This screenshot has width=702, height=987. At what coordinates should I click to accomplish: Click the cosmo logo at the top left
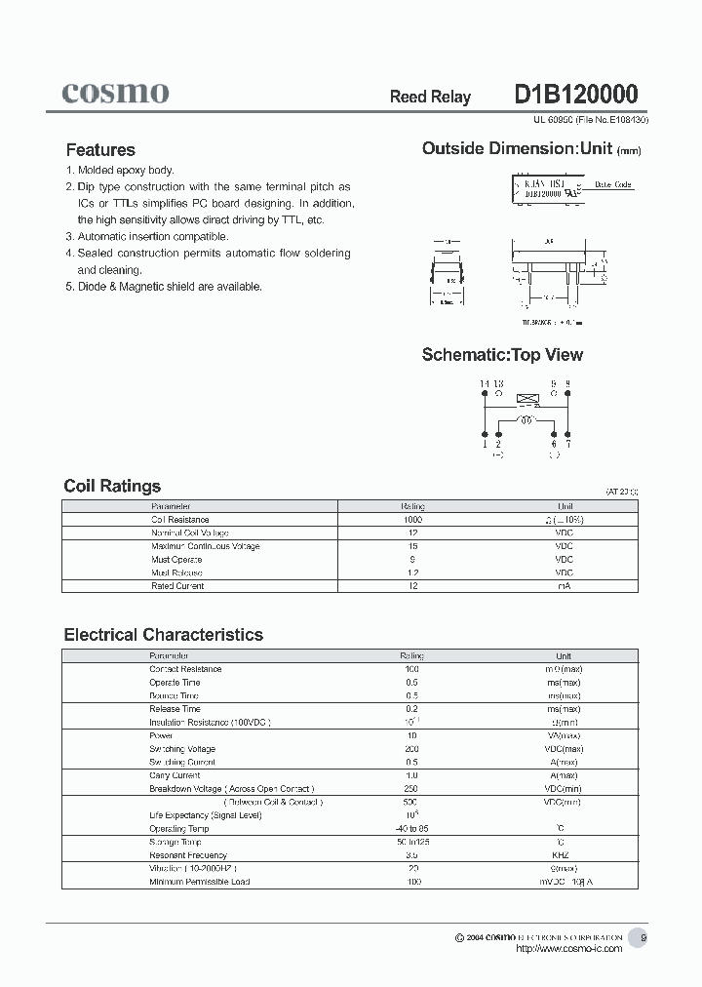tap(115, 93)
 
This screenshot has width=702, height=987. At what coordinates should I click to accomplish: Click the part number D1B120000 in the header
tap(575, 95)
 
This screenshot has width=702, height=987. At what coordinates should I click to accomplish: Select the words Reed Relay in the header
tap(430, 97)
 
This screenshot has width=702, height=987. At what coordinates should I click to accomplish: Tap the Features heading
tap(100, 150)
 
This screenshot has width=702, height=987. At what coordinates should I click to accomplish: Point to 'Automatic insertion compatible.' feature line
tap(153, 237)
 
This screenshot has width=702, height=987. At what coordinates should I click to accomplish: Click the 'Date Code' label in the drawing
tap(613, 184)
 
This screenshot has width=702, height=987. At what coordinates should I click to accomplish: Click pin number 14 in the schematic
tap(484, 384)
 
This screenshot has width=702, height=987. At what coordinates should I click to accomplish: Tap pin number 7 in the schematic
tap(568, 444)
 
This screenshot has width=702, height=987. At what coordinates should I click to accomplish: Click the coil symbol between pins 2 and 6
tap(526, 420)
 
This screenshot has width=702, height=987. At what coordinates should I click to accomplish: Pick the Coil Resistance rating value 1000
tap(412, 520)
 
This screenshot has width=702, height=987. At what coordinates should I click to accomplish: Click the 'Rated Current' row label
tap(177, 586)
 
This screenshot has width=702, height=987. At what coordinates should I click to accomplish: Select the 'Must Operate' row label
tap(176, 560)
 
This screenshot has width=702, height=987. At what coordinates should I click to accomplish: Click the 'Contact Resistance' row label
tap(184, 669)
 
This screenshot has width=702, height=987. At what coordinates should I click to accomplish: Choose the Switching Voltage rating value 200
tap(412, 749)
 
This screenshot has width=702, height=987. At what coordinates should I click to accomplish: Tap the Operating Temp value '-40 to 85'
tap(412, 829)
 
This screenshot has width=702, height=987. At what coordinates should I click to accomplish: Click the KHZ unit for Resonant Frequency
tap(563, 855)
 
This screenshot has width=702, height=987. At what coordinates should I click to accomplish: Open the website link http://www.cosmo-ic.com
tap(567, 949)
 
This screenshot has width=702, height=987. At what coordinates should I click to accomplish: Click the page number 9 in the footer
tap(643, 938)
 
